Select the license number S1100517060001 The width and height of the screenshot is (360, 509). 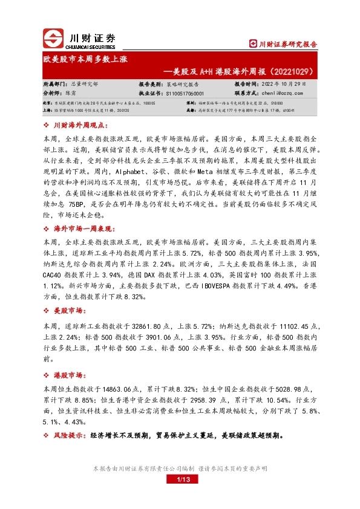185,94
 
